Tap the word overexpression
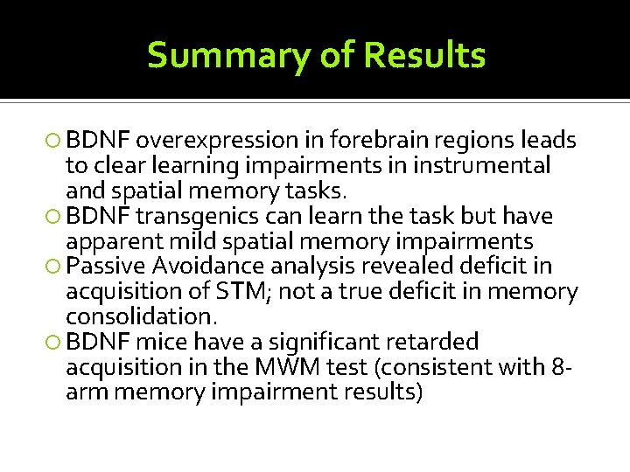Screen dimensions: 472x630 pyautogui.click(x=218, y=140)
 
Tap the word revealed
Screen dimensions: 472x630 pyautogui.click(x=395, y=267)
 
